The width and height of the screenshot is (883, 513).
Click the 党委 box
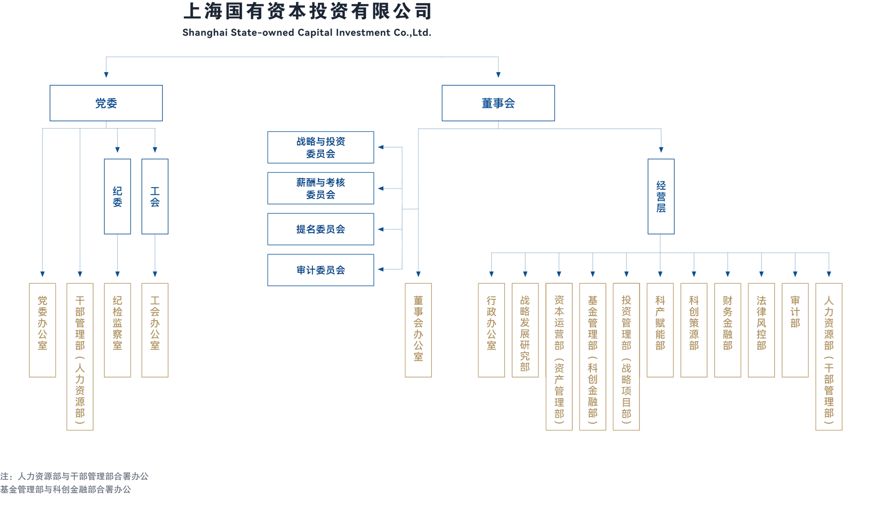tap(106, 103)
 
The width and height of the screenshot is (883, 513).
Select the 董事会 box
tap(498, 103)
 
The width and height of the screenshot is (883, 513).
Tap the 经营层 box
tap(661, 197)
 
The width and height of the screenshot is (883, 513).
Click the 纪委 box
tap(117, 197)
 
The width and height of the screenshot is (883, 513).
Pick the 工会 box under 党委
tap(155, 197)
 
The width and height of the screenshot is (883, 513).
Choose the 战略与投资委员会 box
tap(321, 148)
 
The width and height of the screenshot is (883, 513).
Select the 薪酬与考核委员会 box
tap(321, 188)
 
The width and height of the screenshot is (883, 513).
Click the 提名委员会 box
tap(321, 229)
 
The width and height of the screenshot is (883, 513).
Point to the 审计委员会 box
tap(321, 270)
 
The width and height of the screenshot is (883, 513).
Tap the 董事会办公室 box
tap(418, 330)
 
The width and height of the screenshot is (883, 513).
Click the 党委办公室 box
tap(42, 330)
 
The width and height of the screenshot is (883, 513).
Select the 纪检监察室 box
tap(117, 330)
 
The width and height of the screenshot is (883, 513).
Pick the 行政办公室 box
tap(491, 330)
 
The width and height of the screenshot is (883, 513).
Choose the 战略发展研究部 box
tap(525, 330)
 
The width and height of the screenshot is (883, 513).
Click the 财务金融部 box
tap(728, 330)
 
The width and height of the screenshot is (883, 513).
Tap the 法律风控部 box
tap(762, 330)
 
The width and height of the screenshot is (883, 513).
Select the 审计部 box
tap(795, 330)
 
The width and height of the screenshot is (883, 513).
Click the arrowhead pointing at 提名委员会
tap(381, 229)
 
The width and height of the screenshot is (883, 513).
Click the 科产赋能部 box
tap(660, 330)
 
